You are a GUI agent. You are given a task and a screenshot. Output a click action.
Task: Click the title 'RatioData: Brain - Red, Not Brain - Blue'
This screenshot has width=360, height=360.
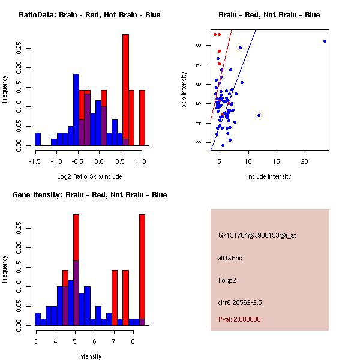[x=89, y=14]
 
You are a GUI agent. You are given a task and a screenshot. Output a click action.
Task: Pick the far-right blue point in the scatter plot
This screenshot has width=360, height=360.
[x=325, y=41]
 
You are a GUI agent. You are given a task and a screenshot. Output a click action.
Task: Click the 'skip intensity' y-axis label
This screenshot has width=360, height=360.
[x=184, y=90]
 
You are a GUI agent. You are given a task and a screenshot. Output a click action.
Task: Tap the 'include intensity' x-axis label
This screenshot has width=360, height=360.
[x=269, y=176]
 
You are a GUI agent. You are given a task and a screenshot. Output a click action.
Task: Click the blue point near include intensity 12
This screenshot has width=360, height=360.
[x=259, y=115]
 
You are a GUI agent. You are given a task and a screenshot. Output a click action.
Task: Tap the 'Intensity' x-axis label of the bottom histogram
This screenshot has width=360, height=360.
[x=89, y=356]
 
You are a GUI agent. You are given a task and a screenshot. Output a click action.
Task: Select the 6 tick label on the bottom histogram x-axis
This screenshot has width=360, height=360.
[x=95, y=341]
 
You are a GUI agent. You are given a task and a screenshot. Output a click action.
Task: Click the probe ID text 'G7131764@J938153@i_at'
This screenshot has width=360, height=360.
[x=257, y=235]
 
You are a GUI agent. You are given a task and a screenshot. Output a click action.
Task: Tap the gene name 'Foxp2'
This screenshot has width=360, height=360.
[x=228, y=280]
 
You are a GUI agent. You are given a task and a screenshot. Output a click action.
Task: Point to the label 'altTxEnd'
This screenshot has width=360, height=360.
[x=230, y=258]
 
